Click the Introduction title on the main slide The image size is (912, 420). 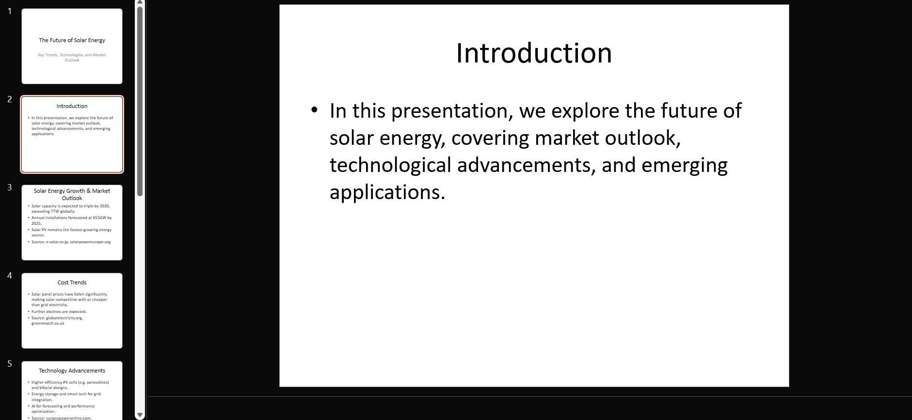click(534, 53)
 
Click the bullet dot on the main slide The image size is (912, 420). click(315, 110)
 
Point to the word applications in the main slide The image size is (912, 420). click(386, 192)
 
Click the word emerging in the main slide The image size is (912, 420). click(684, 165)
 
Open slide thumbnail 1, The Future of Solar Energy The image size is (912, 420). click(72, 46)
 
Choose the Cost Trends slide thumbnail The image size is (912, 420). click(72, 311)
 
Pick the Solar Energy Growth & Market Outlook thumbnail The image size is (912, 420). click(72, 222)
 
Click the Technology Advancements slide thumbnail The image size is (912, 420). click(72, 390)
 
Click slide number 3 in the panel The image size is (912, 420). click(9, 187)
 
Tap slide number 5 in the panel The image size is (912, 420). click(9, 364)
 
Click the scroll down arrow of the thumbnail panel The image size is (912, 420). click(140, 415)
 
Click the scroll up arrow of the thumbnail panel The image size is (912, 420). click(140, 3)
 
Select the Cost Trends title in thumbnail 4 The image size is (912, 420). click(72, 282)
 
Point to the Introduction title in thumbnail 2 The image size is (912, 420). click(72, 106)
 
